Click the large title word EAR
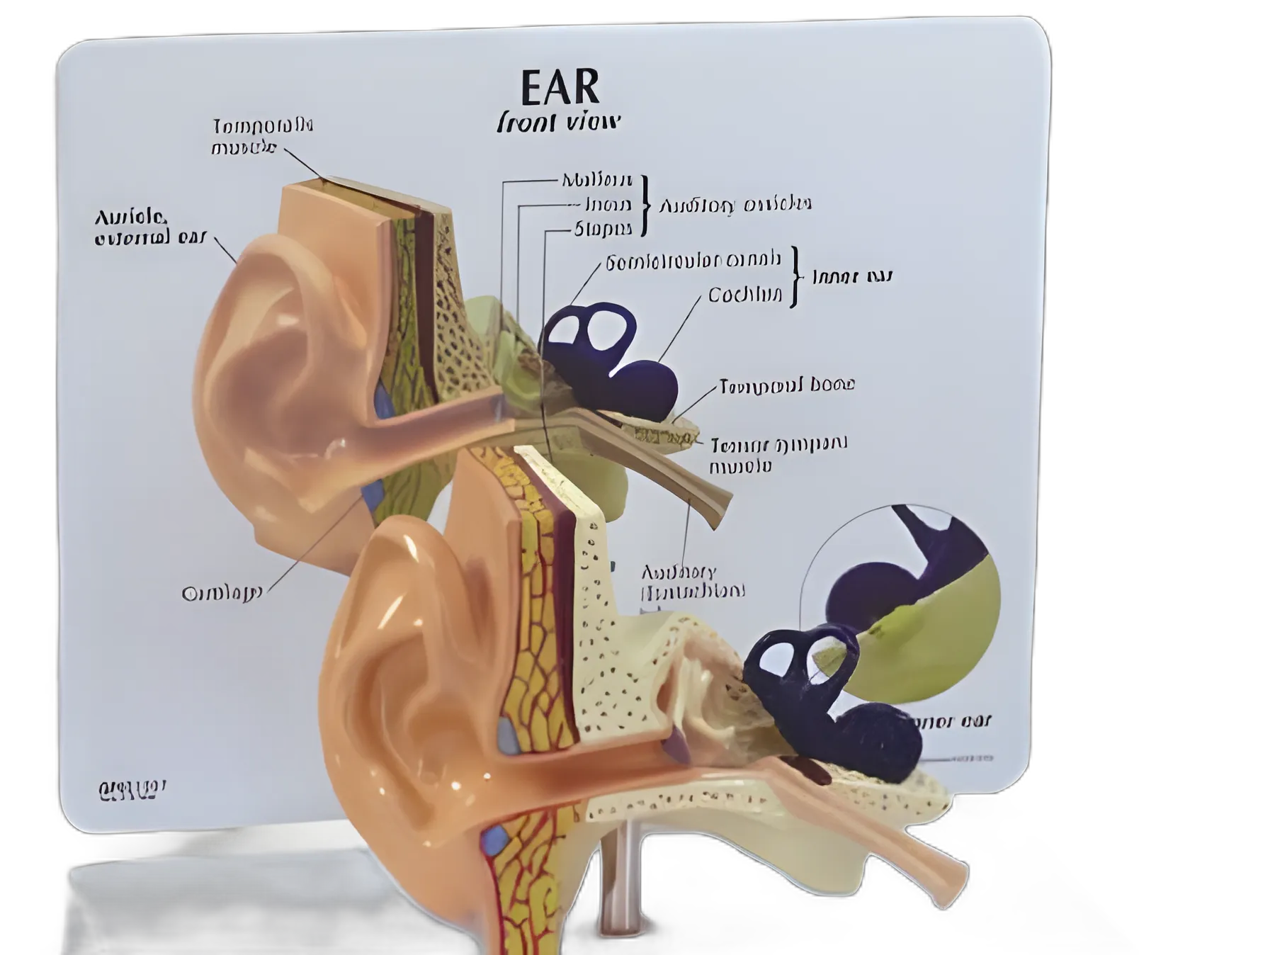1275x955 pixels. point(560,87)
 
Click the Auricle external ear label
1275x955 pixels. point(149,227)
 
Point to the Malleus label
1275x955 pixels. point(596,180)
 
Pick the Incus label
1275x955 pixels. point(608,205)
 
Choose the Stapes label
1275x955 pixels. point(603,229)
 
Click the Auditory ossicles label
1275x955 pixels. point(735,205)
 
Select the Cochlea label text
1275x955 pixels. point(745,295)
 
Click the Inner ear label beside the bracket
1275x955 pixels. point(852,276)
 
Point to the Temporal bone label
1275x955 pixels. point(787,385)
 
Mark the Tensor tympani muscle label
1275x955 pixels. point(778,454)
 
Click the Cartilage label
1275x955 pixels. point(222,593)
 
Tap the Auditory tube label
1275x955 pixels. point(692,581)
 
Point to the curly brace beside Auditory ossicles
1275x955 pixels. point(645,205)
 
